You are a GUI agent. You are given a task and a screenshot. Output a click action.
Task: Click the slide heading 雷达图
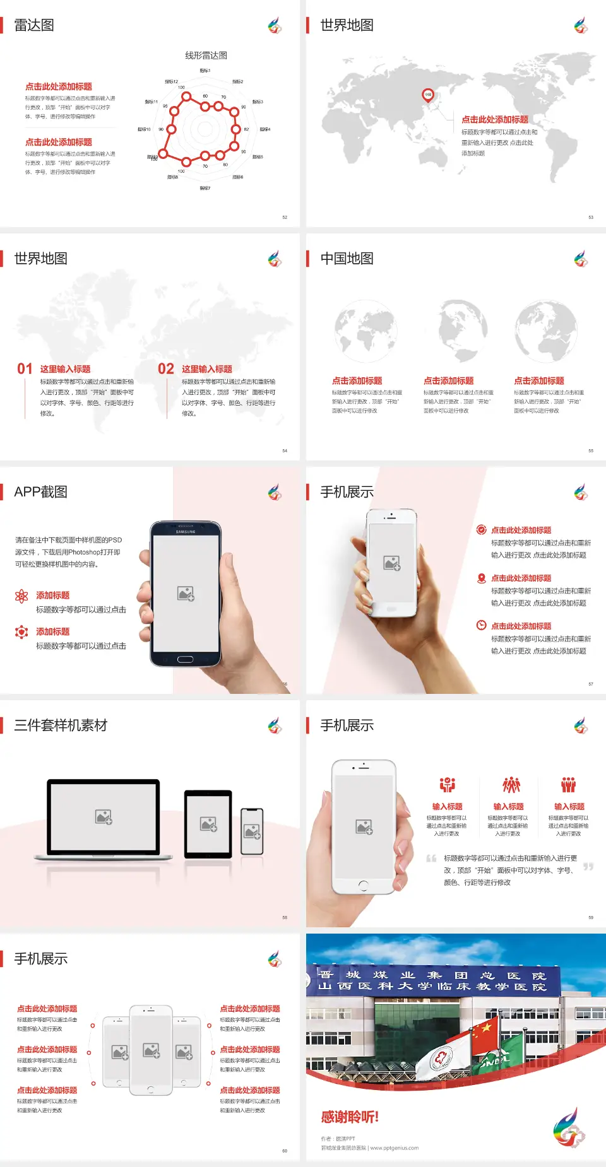34,25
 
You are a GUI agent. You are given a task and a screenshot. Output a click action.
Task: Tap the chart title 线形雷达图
206,56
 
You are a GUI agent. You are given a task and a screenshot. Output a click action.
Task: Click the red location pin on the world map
428,95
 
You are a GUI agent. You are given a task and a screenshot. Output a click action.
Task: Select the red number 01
25,369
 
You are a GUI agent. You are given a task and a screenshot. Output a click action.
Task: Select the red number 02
166,369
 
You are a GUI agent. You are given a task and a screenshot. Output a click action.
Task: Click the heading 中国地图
347,259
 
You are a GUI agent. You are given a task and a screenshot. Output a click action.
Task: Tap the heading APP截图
41,492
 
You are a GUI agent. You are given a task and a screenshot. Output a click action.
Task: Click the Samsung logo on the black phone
186,532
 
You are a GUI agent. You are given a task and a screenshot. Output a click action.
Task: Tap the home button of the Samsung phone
185,659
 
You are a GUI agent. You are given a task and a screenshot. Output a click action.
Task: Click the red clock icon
481,625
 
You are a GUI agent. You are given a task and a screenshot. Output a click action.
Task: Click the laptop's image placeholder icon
104,817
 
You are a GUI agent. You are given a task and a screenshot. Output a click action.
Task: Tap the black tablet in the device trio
208,823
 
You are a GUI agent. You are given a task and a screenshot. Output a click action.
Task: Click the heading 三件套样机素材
61,725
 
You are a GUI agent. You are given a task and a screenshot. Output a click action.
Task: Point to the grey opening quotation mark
431,859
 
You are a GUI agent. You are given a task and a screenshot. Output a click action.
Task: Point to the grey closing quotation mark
588,867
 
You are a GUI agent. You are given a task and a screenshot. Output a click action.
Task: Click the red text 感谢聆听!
350,1117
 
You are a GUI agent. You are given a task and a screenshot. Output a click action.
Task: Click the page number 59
591,917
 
